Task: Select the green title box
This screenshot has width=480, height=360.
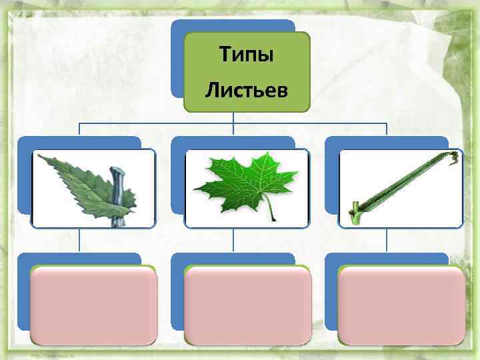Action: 247,103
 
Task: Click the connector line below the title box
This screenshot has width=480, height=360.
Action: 233,117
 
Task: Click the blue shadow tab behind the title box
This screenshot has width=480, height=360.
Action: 176,60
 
